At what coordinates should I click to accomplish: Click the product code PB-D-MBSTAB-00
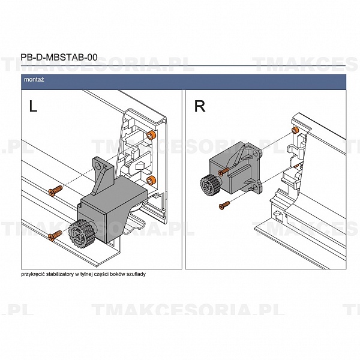click(x=59, y=57)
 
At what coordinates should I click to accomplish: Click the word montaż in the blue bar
click(x=34, y=80)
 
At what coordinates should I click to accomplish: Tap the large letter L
click(x=33, y=106)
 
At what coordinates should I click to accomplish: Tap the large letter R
click(x=200, y=106)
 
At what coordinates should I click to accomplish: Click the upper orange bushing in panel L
click(x=151, y=136)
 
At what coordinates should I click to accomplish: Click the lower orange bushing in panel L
click(x=151, y=181)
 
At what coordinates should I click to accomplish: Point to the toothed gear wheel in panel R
click(x=209, y=186)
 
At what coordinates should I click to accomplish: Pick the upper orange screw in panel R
click(x=223, y=171)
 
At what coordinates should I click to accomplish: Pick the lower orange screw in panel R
click(x=224, y=205)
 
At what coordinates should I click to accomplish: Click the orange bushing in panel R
click(x=295, y=130)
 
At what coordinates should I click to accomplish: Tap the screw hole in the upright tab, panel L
click(x=98, y=166)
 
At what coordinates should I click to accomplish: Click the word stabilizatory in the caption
click(x=59, y=274)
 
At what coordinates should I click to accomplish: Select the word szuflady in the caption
click(x=136, y=274)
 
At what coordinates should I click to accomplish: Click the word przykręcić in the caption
click(x=33, y=274)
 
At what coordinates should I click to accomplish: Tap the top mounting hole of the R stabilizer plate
click(x=256, y=154)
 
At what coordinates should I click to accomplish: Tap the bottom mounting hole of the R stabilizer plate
click(x=256, y=188)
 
